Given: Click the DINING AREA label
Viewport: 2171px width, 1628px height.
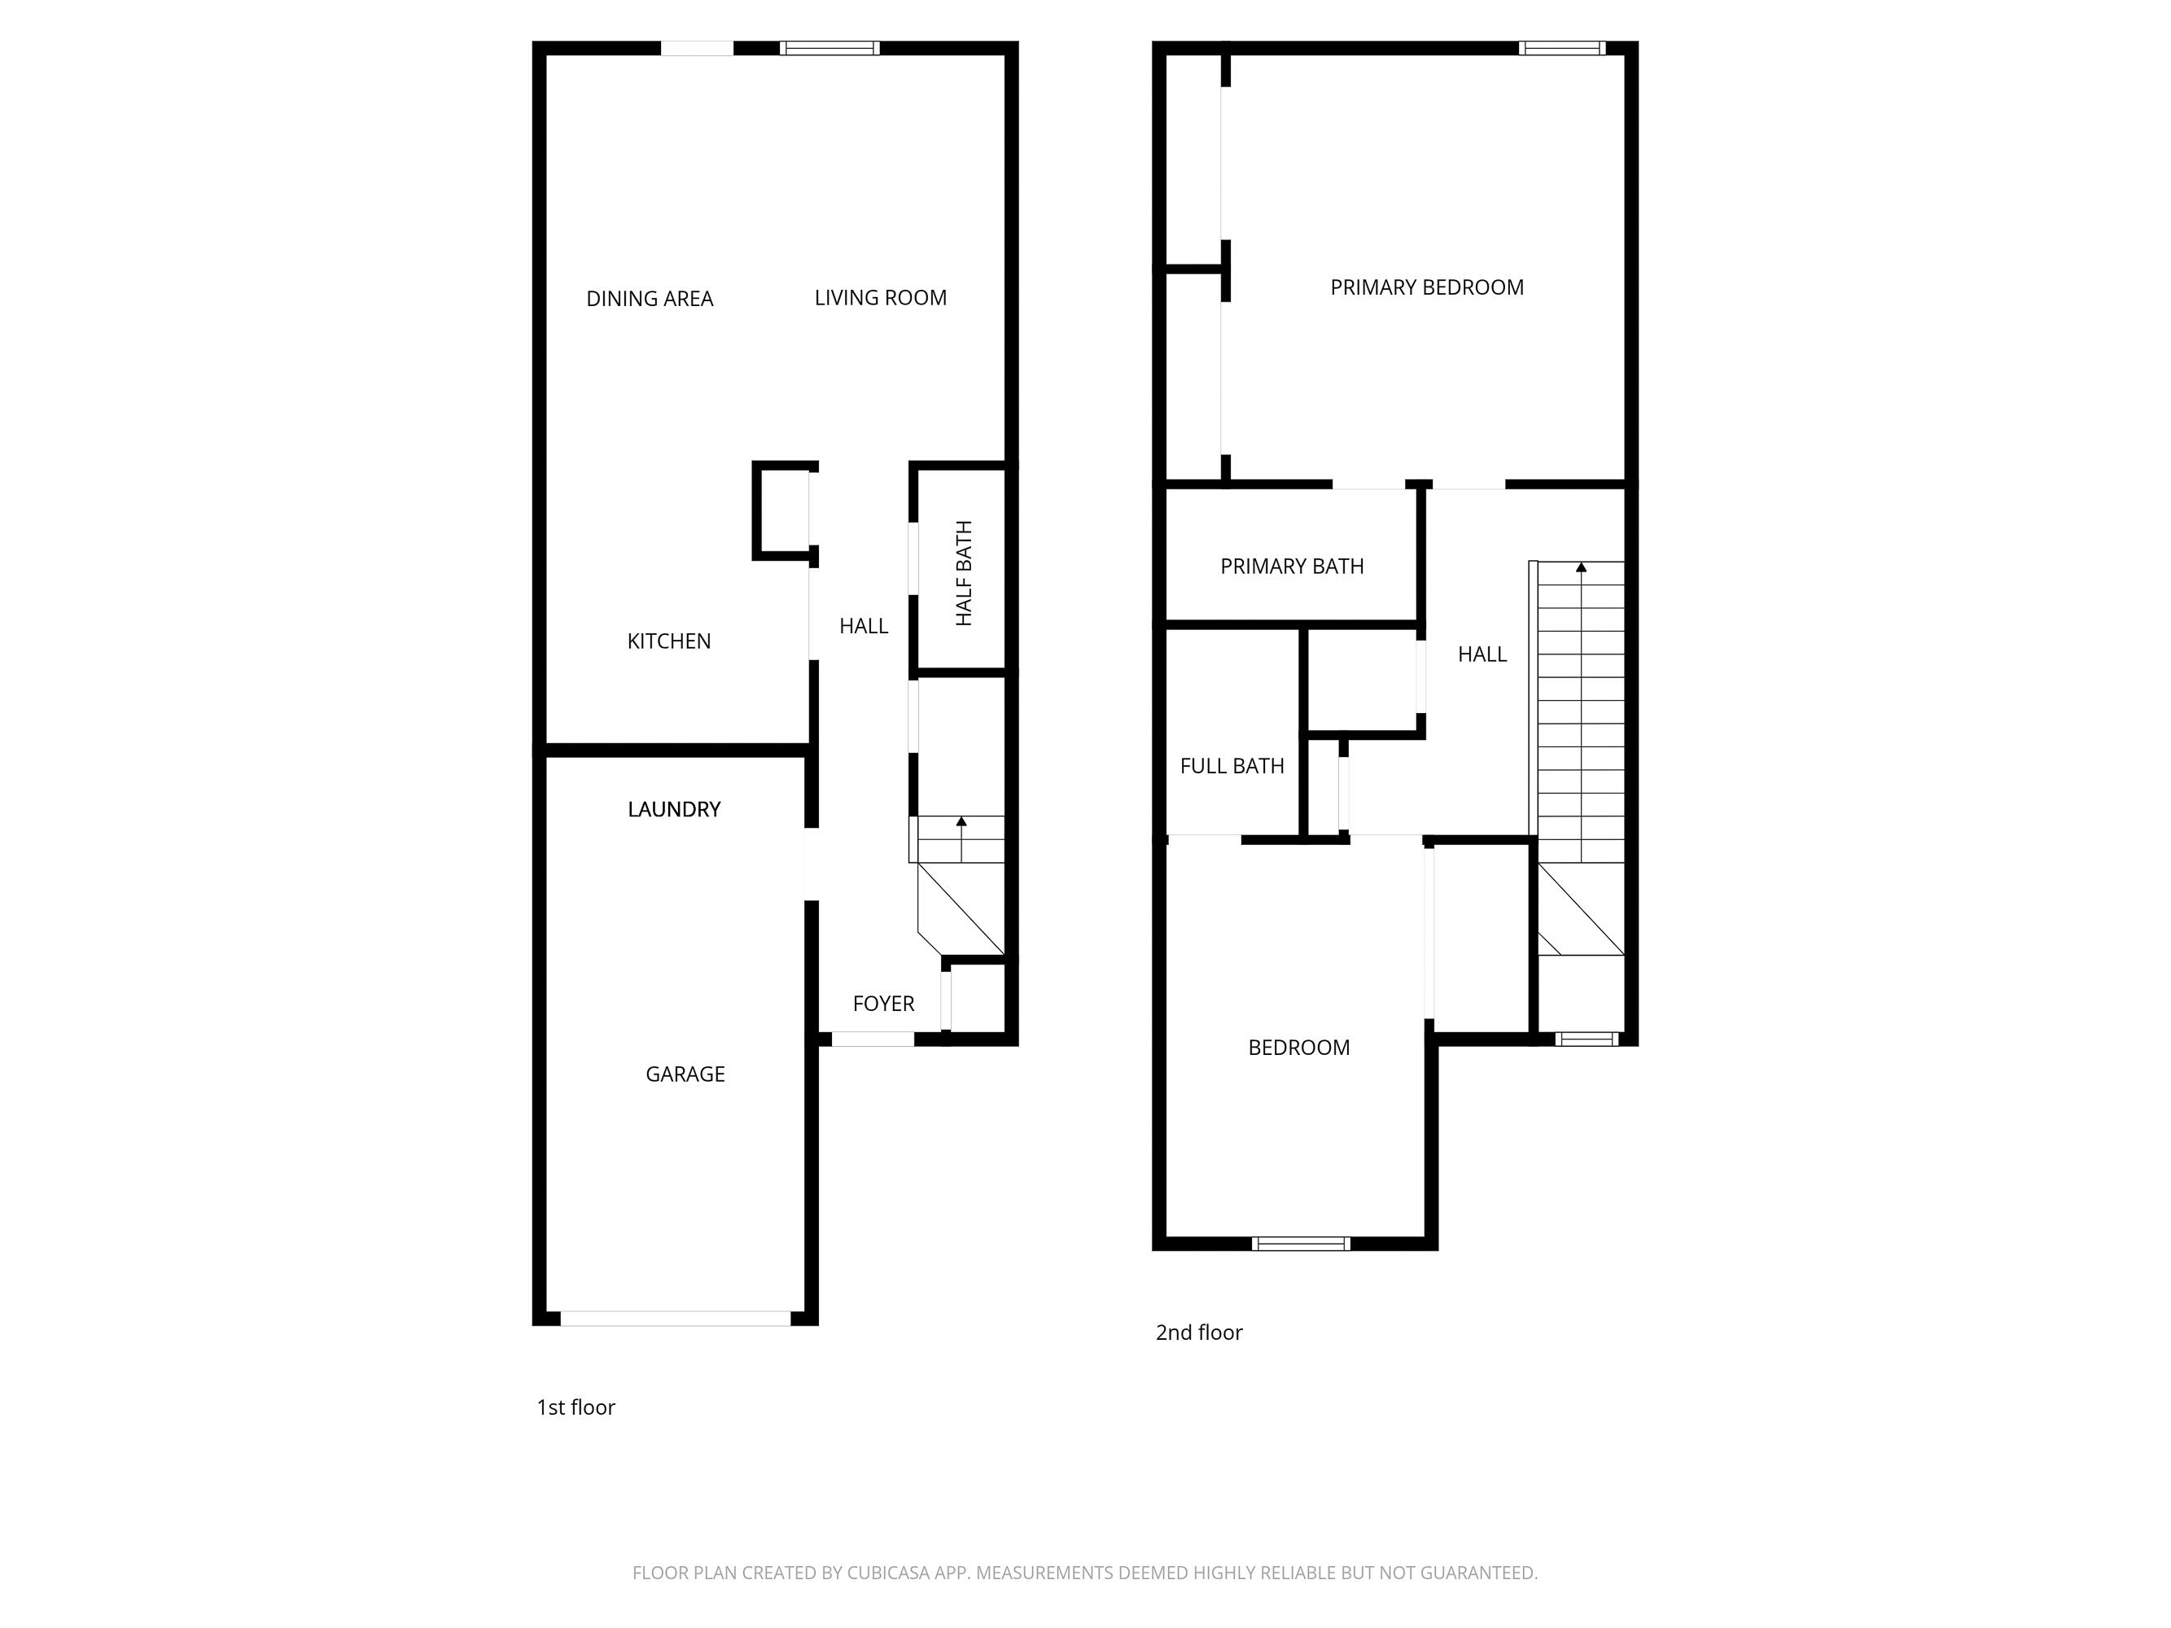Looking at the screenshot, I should coord(649,298).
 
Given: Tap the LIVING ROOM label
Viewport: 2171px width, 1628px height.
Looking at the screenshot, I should coord(881,297).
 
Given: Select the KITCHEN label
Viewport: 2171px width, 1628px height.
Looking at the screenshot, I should coord(668,641).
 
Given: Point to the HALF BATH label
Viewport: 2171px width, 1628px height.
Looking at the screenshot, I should coord(964,573).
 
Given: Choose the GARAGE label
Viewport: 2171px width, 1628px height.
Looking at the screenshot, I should coord(685,1074).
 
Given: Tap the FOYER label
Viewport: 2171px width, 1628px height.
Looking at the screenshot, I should coord(883,1003).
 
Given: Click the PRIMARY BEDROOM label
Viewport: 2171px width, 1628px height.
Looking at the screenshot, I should coord(1426,287).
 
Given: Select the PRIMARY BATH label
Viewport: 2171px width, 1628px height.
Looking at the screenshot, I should coord(1292,567).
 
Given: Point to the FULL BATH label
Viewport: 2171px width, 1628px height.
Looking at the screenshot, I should coord(1232,765).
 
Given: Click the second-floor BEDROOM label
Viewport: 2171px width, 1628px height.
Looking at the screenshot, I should coord(1298,1047).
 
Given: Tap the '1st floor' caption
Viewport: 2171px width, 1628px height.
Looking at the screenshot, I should coord(576,1407).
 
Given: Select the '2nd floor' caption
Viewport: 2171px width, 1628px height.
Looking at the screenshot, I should coord(1198,1332).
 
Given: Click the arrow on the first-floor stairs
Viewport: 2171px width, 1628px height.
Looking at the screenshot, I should coord(961,822).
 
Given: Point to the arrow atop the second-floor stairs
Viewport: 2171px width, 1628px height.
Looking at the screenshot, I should coord(1580,568).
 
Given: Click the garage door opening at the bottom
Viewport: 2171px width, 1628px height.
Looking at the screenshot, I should coord(676,1319).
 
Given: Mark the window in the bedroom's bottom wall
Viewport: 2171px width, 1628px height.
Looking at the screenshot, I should coord(1301,1243).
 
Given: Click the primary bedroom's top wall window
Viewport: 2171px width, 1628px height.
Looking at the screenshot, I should coord(1561,48).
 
